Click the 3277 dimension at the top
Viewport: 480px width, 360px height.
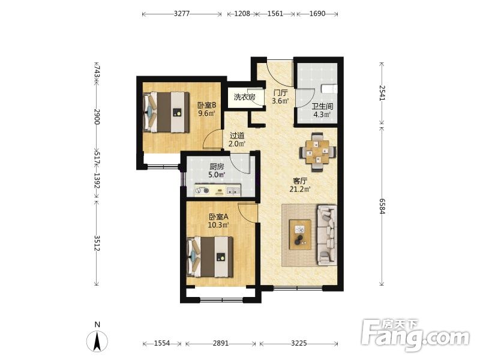click(182, 13)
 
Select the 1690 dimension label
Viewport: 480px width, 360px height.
click(317, 13)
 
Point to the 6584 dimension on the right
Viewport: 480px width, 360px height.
click(382, 206)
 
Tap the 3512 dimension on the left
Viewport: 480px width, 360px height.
click(97, 243)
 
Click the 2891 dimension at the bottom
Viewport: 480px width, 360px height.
click(221, 343)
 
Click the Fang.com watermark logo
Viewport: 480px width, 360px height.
click(415, 335)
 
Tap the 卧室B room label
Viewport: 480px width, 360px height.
click(206, 105)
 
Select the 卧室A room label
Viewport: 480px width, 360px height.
click(218, 217)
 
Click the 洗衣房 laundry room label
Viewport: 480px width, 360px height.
click(245, 97)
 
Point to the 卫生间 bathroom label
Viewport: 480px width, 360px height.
click(322, 106)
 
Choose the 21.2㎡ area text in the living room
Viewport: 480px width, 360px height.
click(300, 189)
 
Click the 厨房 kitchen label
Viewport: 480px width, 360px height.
click(217, 167)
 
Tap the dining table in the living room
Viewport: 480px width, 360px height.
click(318, 152)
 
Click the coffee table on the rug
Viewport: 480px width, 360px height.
click(300, 235)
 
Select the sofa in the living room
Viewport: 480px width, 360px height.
click(327, 235)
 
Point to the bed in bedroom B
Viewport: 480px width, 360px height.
click(166, 112)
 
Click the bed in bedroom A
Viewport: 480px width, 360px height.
click(209, 257)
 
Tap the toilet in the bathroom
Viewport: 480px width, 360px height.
click(329, 88)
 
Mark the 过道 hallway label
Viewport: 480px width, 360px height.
click(237, 135)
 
